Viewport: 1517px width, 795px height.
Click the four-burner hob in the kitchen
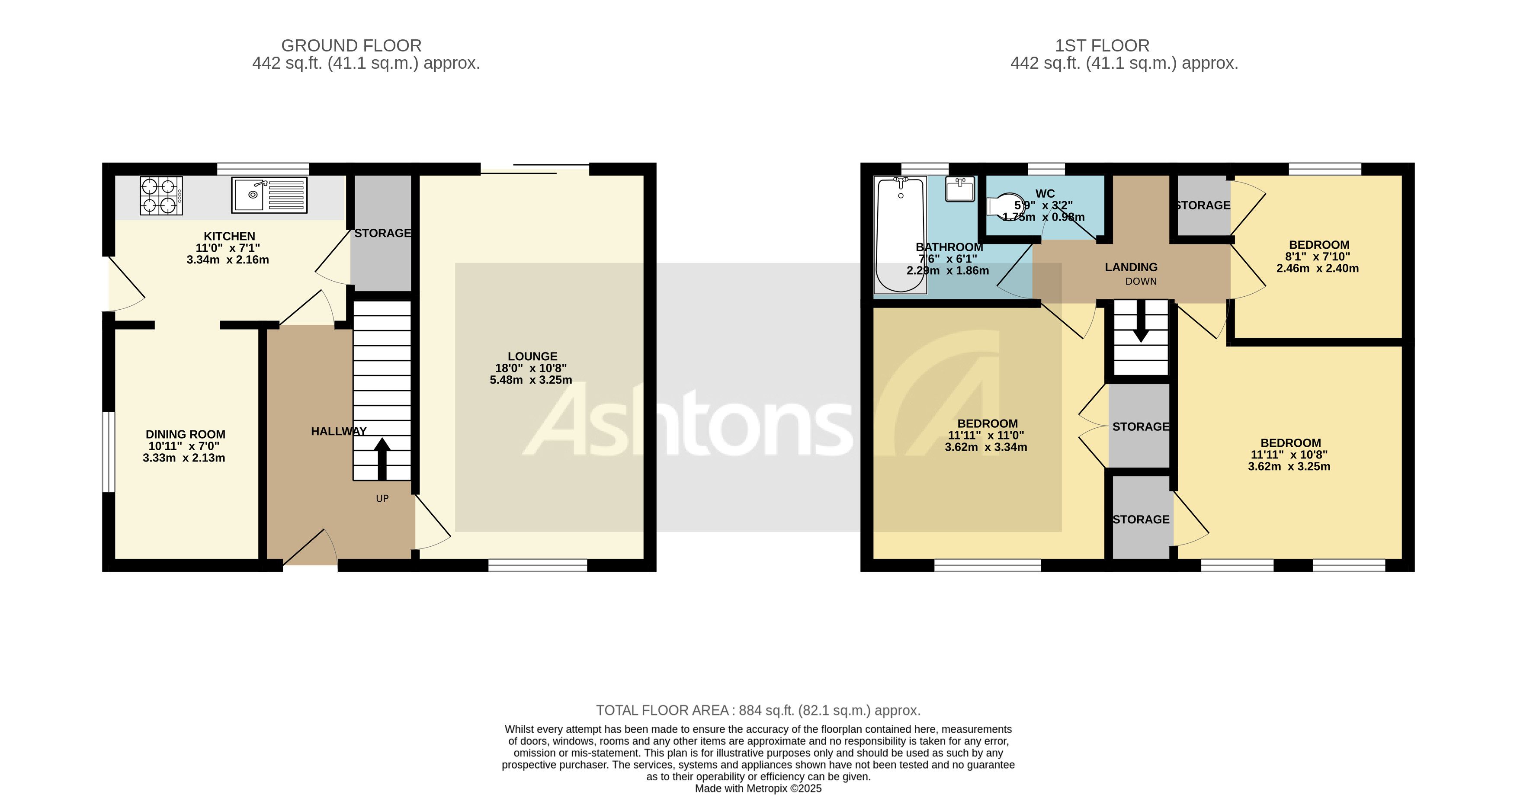(x=161, y=196)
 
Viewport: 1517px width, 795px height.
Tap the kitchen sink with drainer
(x=269, y=195)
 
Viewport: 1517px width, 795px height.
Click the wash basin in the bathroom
(x=960, y=189)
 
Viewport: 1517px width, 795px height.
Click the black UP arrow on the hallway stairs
(x=382, y=458)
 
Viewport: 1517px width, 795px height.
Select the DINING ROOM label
(x=186, y=434)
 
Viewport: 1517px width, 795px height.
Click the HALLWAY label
(x=339, y=431)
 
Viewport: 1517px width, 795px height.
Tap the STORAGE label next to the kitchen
(x=382, y=233)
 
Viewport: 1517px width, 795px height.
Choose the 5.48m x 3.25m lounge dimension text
(x=531, y=380)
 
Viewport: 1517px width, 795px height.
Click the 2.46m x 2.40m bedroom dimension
(x=1317, y=269)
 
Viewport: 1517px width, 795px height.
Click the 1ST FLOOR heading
(x=1102, y=45)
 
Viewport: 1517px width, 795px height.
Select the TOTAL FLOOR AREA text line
(x=758, y=710)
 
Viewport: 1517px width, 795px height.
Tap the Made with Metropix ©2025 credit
(x=758, y=788)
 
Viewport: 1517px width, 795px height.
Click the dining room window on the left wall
(x=108, y=451)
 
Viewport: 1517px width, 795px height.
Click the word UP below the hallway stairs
(x=382, y=498)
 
